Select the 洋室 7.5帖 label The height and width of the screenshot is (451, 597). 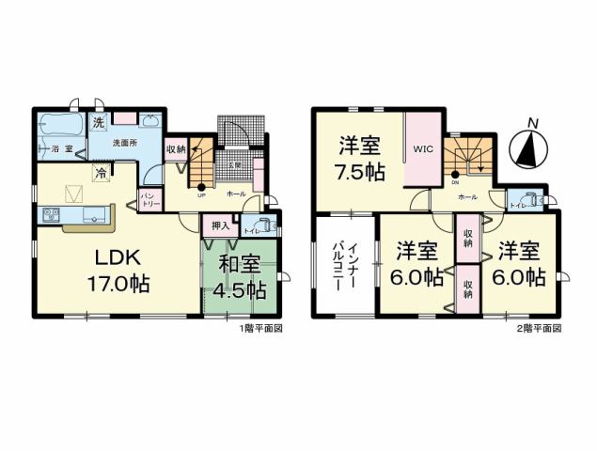(x=361, y=159)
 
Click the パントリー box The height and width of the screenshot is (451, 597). (x=149, y=199)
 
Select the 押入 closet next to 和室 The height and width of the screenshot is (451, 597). (x=218, y=225)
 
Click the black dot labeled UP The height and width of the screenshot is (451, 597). (x=201, y=186)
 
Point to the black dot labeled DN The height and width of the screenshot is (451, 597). (x=454, y=175)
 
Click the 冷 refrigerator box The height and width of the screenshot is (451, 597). (x=100, y=172)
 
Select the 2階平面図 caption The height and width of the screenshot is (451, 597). (x=542, y=330)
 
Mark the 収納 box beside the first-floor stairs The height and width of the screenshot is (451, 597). (x=176, y=148)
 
